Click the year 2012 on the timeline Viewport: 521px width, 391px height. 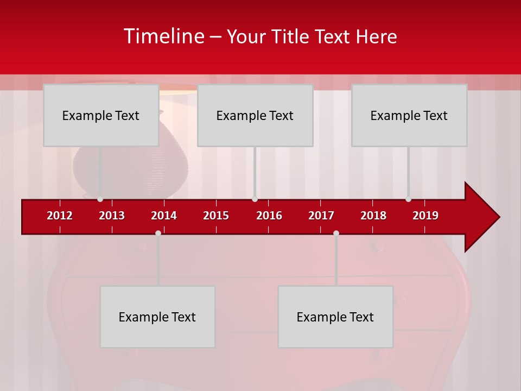(60, 216)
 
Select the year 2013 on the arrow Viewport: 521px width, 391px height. (112, 216)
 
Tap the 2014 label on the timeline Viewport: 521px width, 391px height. (164, 216)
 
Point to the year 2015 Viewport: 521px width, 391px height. (216, 216)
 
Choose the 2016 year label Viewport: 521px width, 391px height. (269, 216)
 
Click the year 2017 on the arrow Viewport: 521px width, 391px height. (321, 216)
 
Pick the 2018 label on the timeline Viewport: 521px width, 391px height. (373, 216)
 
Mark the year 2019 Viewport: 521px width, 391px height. (425, 216)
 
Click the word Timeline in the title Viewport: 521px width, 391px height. (163, 36)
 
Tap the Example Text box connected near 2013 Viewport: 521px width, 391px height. (101, 115)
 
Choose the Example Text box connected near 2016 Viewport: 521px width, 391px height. (255, 115)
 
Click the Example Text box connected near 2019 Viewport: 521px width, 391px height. (409, 115)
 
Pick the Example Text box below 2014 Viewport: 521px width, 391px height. (157, 317)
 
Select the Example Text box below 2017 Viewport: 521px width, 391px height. (335, 317)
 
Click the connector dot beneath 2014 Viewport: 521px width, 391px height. (158, 233)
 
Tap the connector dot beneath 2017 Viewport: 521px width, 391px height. (336, 233)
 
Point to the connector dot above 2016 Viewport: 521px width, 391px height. (255, 199)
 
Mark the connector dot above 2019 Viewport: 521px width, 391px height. (408, 199)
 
